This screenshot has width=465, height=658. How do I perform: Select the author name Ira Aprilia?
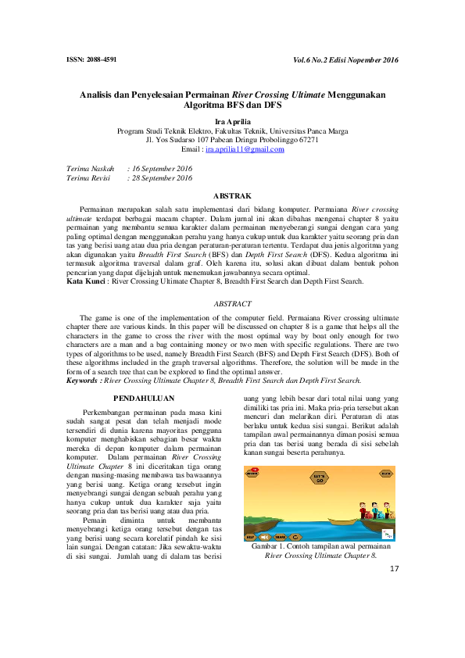(x=231, y=122)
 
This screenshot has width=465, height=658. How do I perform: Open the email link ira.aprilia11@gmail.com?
(x=245, y=148)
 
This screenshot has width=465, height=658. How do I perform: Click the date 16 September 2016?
(x=159, y=168)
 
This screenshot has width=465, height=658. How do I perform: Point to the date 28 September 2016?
(x=159, y=178)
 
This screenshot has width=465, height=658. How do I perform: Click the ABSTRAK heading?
(x=232, y=195)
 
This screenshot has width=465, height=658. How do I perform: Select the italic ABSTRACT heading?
(x=232, y=302)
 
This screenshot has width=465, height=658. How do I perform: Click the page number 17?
(x=393, y=568)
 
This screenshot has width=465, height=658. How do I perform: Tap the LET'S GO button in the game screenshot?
(x=320, y=476)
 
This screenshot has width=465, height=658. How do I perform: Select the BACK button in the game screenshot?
(x=386, y=474)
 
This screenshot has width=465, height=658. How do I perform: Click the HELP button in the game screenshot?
(x=251, y=538)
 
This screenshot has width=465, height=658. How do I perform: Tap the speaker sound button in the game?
(x=264, y=538)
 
